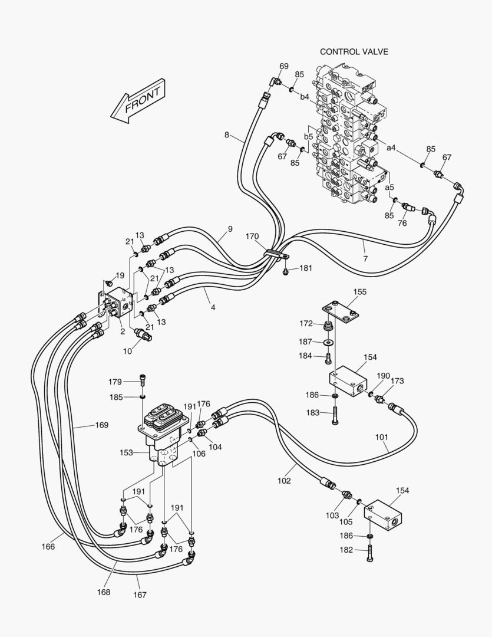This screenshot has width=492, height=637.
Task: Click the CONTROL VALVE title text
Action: coord(354,52)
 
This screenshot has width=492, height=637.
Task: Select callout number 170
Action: coord(252,237)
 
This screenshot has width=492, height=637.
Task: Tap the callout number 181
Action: coord(306,268)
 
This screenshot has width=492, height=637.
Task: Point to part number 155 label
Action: coord(359,291)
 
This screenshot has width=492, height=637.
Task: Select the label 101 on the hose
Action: coord(382,438)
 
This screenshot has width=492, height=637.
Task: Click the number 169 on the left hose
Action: coord(102,425)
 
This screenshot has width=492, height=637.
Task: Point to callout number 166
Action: coord(48,547)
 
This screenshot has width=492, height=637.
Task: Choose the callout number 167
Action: coord(140,595)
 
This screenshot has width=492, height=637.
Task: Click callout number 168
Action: coord(104,592)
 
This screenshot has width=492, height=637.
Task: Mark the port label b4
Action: coord(304,97)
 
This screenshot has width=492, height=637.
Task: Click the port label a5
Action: coord(389,188)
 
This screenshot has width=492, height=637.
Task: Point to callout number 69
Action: coord(284,66)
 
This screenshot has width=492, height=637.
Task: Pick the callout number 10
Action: coord(127,352)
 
